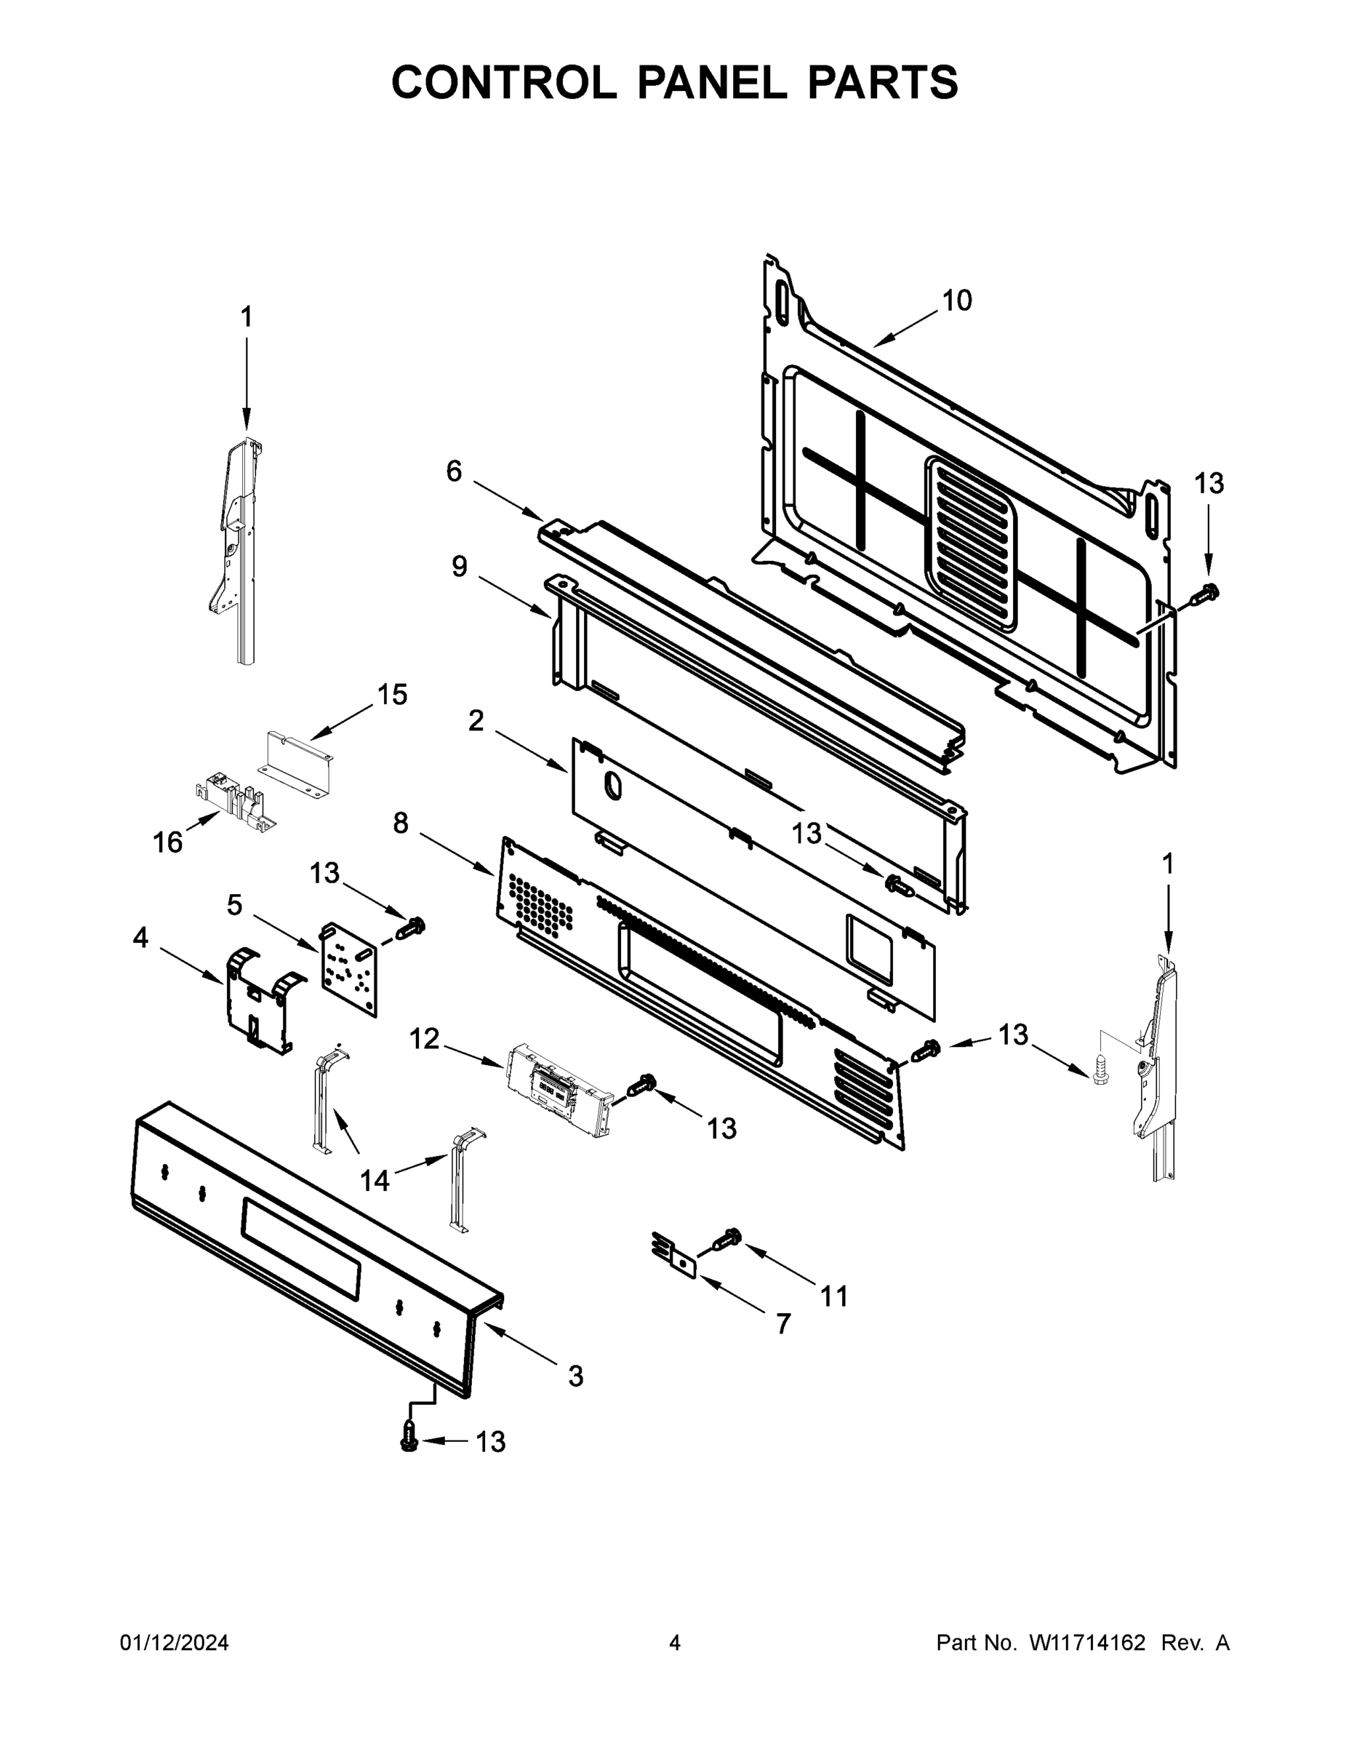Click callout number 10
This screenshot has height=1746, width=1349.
point(956,300)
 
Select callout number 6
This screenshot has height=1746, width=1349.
point(453,471)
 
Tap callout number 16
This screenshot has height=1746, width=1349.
point(168,842)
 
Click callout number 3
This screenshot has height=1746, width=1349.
point(575,1376)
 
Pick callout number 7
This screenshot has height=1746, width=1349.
point(783,1324)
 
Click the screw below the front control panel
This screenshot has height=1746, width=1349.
point(409,1439)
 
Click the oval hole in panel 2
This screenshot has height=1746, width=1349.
point(612,786)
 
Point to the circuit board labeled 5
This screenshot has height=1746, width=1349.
point(348,969)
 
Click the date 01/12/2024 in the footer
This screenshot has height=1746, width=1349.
point(175,1643)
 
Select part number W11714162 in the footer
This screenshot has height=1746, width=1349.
point(1087,1643)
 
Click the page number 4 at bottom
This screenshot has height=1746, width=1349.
point(675,1643)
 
